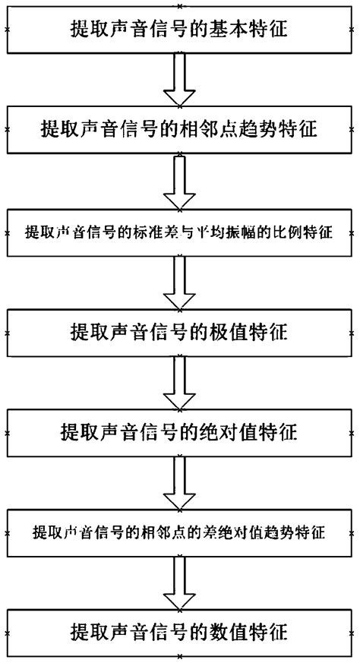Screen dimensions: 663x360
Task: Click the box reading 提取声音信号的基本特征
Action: click(x=180, y=30)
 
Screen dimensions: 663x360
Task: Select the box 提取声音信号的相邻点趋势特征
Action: click(x=180, y=130)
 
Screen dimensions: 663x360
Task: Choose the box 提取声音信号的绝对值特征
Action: click(x=180, y=432)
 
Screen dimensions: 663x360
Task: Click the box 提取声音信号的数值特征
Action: click(x=180, y=632)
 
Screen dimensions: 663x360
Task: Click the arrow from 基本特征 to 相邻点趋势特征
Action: click(x=180, y=80)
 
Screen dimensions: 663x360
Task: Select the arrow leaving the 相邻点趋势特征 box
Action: click(x=180, y=181)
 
